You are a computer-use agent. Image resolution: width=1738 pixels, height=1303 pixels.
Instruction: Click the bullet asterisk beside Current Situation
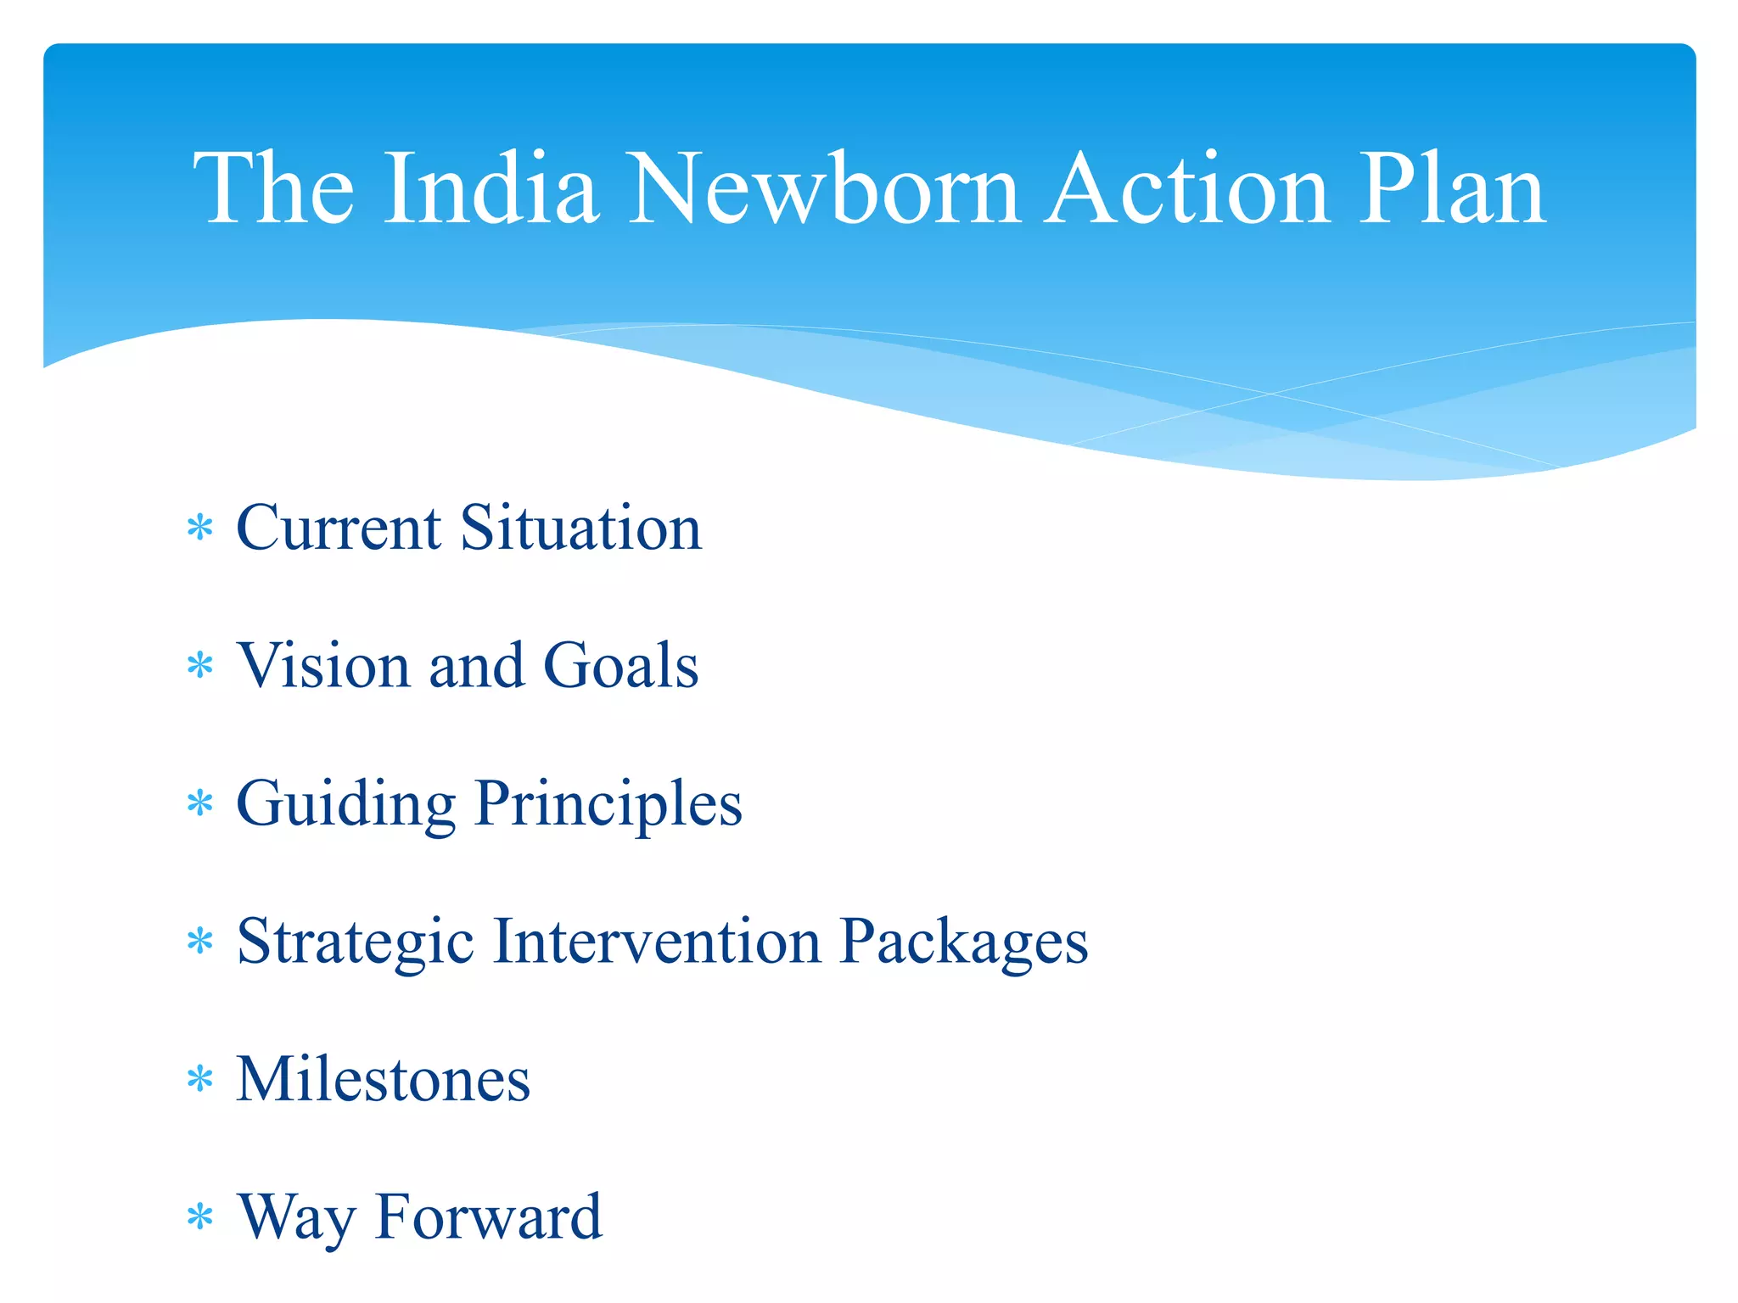[x=199, y=528]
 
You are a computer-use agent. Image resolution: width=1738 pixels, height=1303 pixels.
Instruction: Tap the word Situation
[x=580, y=528]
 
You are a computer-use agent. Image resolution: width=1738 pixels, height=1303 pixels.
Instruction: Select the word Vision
[x=323, y=665]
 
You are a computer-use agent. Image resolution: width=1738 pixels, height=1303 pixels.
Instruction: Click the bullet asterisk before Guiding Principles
[x=199, y=803]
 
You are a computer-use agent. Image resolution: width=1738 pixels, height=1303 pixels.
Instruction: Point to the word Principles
[x=608, y=803]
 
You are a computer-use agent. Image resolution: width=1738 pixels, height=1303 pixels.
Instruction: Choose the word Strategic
[x=355, y=942]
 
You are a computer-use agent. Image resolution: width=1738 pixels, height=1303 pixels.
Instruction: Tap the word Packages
[x=963, y=942]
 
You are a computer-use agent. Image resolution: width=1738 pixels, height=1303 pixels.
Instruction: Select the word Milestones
[x=383, y=1079]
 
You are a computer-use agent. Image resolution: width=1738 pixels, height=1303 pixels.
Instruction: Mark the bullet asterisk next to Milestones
[x=199, y=1080]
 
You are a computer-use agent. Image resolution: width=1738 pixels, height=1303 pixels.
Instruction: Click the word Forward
[x=488, y=1216]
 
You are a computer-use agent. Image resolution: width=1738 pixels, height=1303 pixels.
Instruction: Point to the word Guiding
[x=345, y=803]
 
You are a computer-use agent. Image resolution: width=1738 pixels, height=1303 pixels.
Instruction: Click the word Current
[x=338, y=528]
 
